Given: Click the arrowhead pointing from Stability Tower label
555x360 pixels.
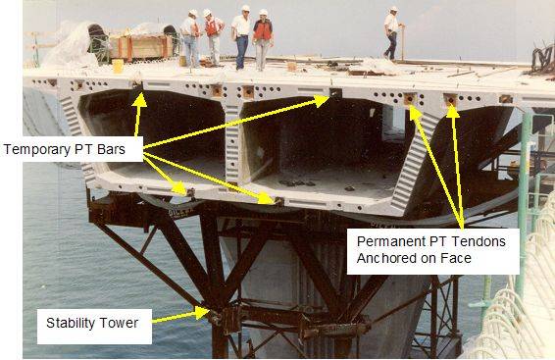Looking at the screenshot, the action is pyautogui.click(x=202, y=313).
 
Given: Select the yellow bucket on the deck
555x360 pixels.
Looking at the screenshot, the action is pyautogui.click(x=118, y=66).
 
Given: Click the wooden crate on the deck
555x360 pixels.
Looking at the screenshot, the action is pyautogui.click(x=140, y=47).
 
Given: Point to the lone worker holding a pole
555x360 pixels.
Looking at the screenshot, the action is pyautogui.click(x=392, y=33).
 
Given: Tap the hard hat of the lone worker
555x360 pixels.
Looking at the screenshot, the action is pyautogui.click(x=393, y=9).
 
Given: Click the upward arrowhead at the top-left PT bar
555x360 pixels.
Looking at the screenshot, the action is pyautogui.click(x=140, y=99).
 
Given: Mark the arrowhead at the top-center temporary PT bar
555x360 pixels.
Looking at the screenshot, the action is pyautogui.click(x=321, y=101).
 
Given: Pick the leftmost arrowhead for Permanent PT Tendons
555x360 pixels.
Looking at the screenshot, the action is pyautogui.click(x=415, y=112).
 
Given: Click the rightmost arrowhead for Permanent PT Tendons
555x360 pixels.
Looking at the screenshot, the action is pyautogui.click(x=453, y=112).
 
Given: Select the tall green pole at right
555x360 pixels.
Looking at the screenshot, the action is pyautogui.click(x=523, y=202).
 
